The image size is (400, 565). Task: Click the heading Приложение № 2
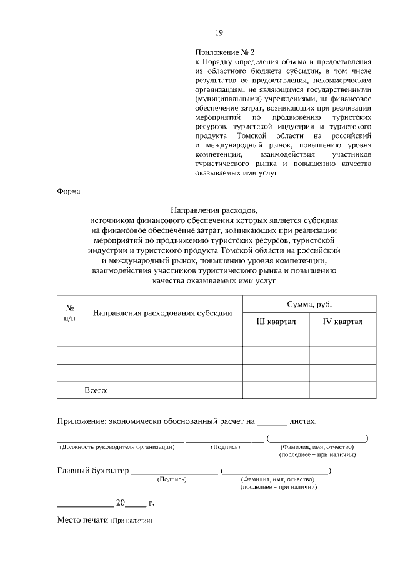(226, 52)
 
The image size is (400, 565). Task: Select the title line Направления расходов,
(214, 211)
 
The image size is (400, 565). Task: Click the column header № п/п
(70, 313)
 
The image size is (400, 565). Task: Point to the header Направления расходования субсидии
(162, 313)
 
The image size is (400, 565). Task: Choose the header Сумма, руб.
(309, 304)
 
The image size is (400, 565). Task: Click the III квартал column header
(276, 322)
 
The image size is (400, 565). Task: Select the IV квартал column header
(343, 322)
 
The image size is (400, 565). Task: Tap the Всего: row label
(96, 390)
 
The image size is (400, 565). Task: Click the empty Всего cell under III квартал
(276, 390)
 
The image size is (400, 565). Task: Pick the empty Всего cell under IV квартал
(343, 390)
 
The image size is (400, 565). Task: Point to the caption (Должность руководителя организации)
(117, 447)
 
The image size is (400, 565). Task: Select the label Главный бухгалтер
(93, 471)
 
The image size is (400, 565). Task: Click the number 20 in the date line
(121, 502)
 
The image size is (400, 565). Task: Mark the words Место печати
(83, 520)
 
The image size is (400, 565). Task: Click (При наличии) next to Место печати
(132, 521)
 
